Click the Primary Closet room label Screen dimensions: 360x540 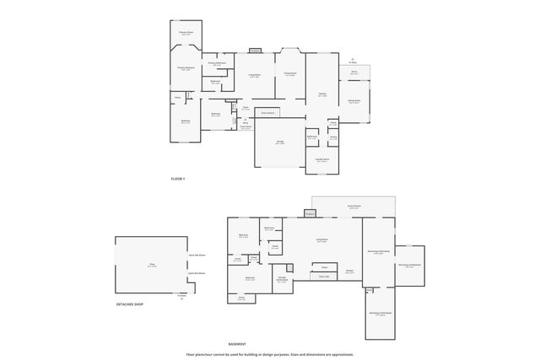pyautogui.click(x=186, y=34)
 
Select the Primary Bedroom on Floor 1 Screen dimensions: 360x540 pyautogui.click(x=186, y=68)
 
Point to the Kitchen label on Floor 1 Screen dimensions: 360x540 pyautogui.click(x=322, y=94)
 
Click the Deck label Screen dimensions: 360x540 pyautogui.click(x=354, y=73)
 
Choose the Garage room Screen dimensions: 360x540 pyautogui.click(x=279, y=142)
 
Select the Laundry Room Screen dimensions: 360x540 pyautogui.click(x=322, y=159)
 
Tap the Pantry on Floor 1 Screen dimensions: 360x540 pyautogui.click(x=333, y=137)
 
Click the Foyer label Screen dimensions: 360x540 pyautogui.click(x=245, y=108)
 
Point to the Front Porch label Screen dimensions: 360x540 pyautogui.click(x=246, y=127)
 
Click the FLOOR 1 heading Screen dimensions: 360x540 pyautogui.click(x=178, y=179)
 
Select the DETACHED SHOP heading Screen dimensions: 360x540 pyautogui.click(x=130, y=304)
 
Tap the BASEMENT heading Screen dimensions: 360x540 pyautogui.click(x=237, y=344)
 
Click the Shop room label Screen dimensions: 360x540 pyautogui.click(x=153, y=265)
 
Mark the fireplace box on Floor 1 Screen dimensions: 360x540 pyautogui.click(x=254, y=51)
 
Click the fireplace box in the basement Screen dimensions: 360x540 pyautogui.click(x=310, y=215)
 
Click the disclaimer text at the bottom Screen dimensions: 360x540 pyautogui.click(x=270, y=354)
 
